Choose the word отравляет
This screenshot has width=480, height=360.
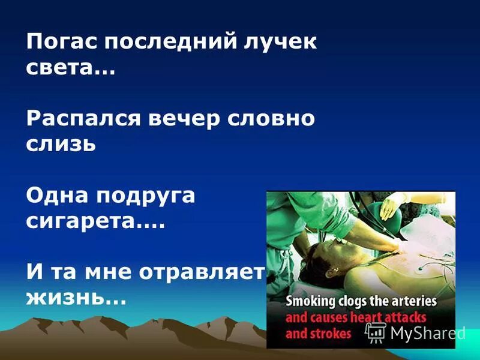(201, 272)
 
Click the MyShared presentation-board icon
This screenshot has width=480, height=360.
(376, 332)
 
